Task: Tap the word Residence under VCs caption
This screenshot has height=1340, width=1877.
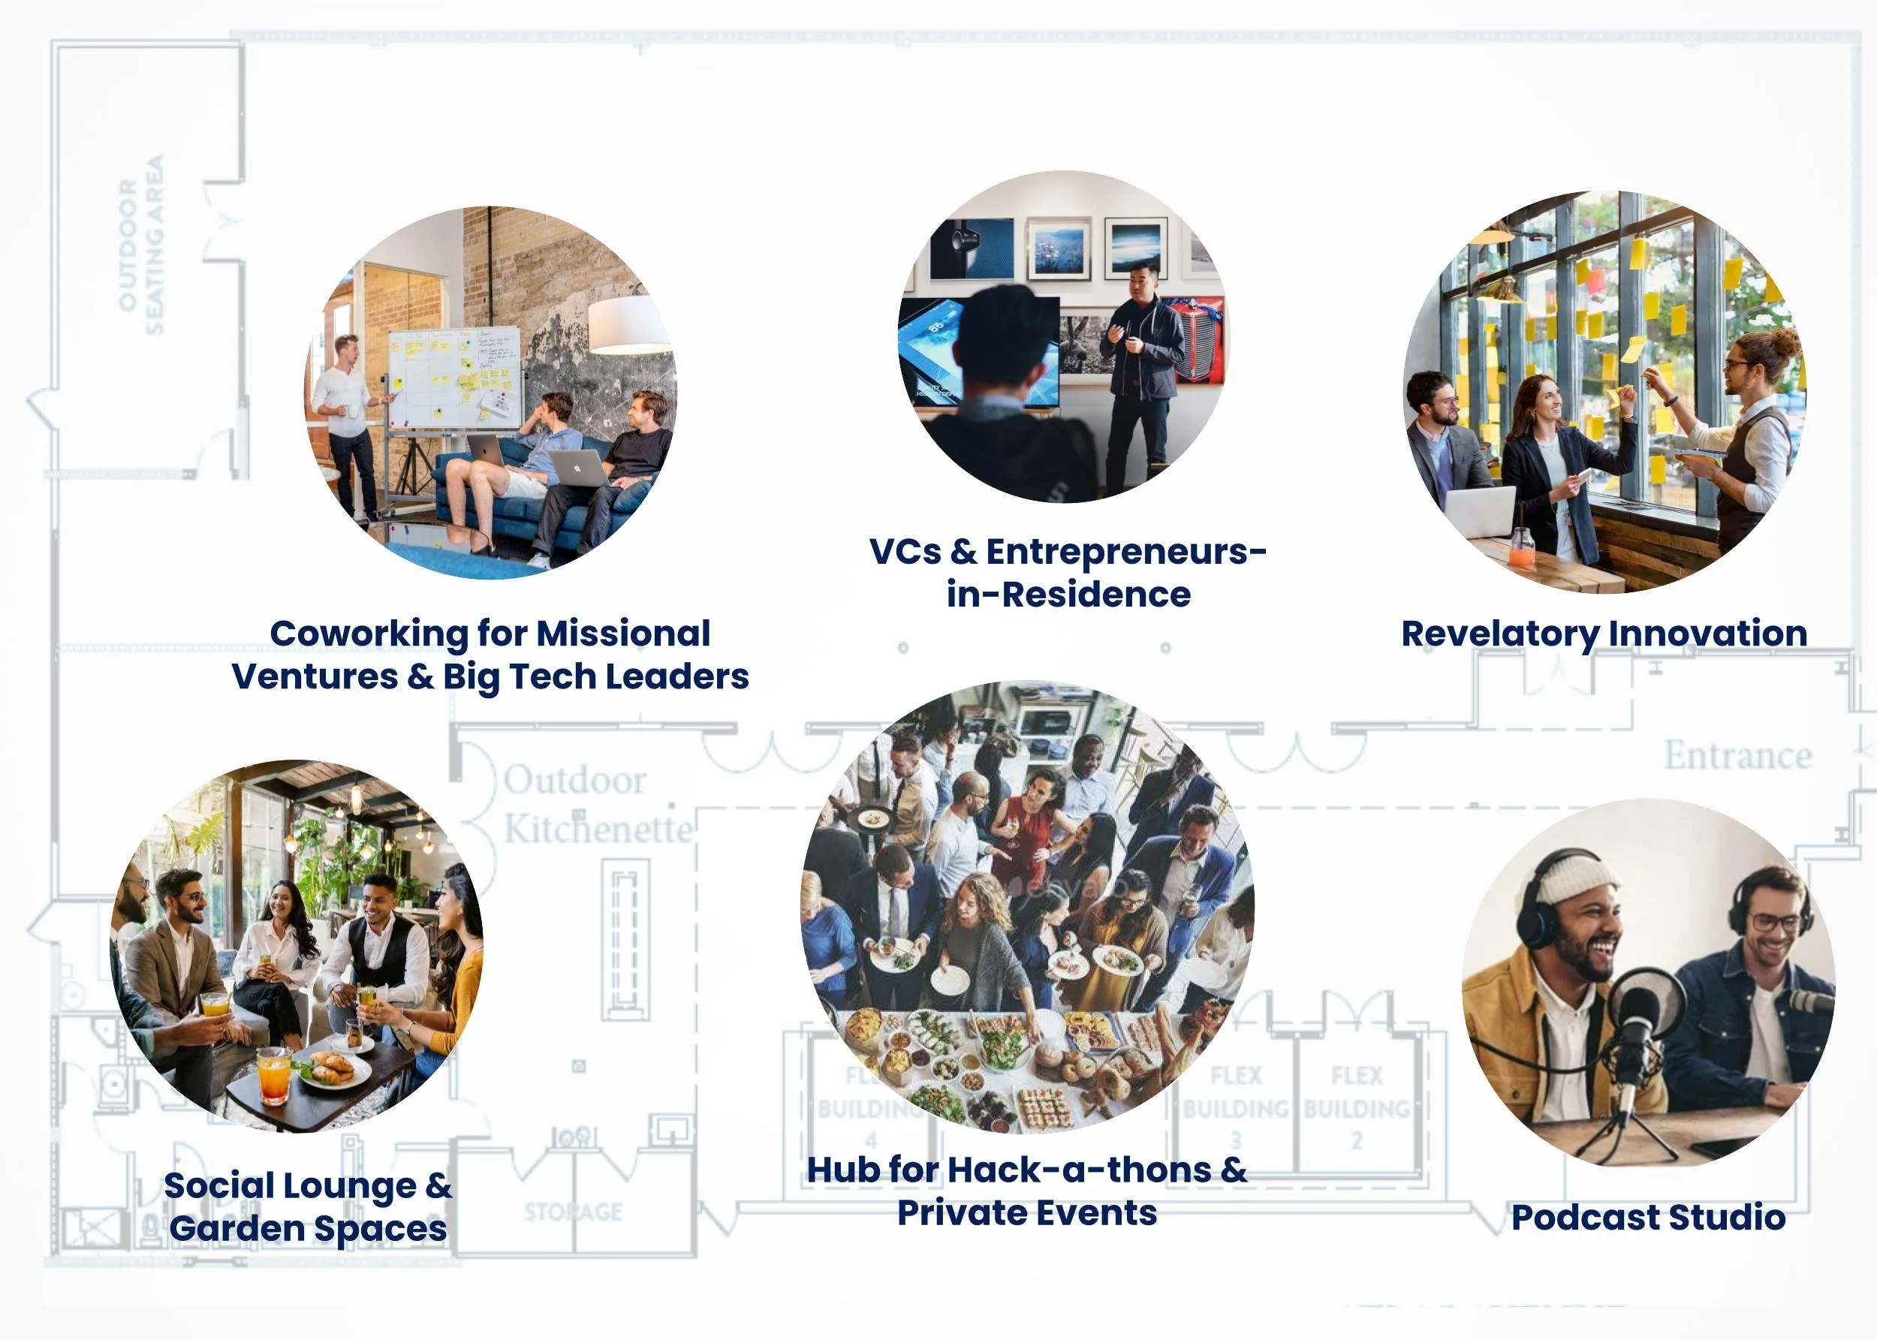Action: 1096,594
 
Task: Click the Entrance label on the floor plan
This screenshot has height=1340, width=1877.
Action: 1737,755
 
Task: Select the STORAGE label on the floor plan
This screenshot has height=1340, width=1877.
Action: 574,1212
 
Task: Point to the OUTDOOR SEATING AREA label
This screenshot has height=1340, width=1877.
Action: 140,245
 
